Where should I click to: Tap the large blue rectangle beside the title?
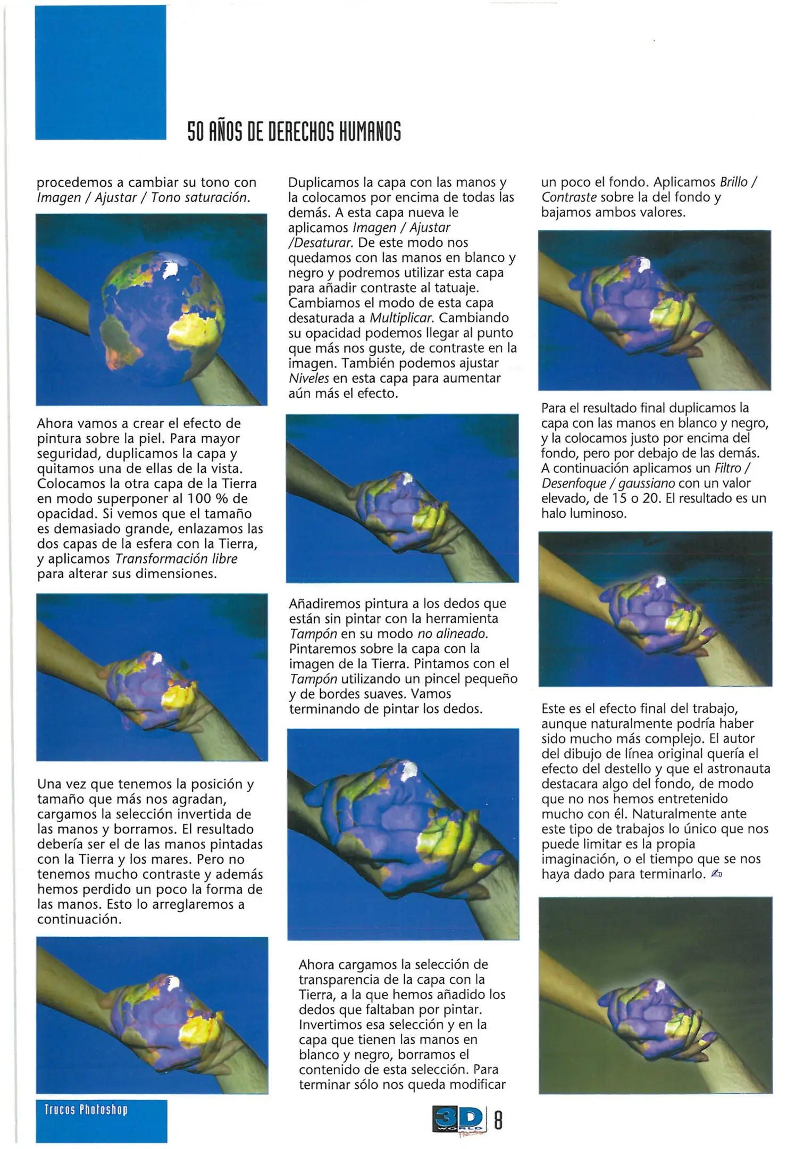pos(101,72)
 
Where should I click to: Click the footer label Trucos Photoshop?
pos(86,1110)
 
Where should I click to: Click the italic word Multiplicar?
pos(401,318)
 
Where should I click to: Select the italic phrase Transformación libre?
pos(176,559)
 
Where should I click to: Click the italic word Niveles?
pos(308,379)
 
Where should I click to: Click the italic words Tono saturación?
pos(200,198)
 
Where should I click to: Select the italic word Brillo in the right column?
pos(733,182)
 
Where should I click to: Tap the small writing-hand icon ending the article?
pos(716,874)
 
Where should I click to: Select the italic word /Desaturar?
pos(321,243)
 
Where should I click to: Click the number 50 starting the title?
pos(195,131)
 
